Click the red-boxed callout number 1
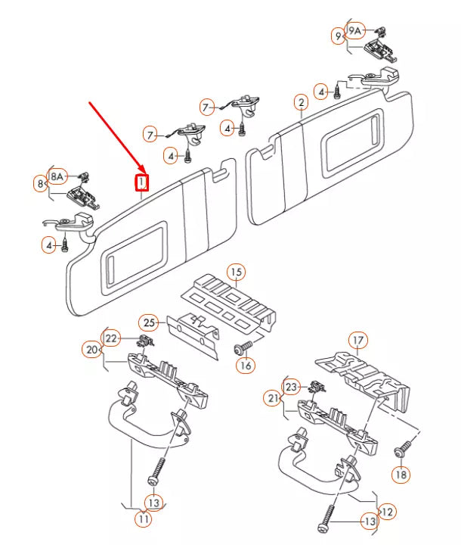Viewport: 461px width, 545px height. click(141, 182)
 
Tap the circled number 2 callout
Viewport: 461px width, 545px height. click(301, 102)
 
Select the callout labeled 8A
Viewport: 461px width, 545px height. click(57, 177)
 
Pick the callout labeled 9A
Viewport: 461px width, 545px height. click(354, 31)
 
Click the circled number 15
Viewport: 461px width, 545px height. click(236, 272)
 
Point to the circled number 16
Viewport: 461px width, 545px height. click(246, 366)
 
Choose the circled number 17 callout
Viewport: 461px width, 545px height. click(358, 341)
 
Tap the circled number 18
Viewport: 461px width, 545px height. click(401, 475)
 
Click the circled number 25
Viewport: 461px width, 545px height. click(149, 323)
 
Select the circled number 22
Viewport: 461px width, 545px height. click(111, 338)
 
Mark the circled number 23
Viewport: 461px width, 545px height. click(292, 387)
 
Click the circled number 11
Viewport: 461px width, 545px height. click(144, 519)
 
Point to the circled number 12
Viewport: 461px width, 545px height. click(388, 512)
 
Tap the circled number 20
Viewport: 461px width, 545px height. click(91, 349)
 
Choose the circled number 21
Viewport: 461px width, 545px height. click(273, 398)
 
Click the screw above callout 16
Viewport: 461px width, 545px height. click(243, 347)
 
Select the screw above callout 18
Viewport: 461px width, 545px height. click(404, 448)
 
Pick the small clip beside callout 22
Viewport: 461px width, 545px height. click(145, 341)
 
